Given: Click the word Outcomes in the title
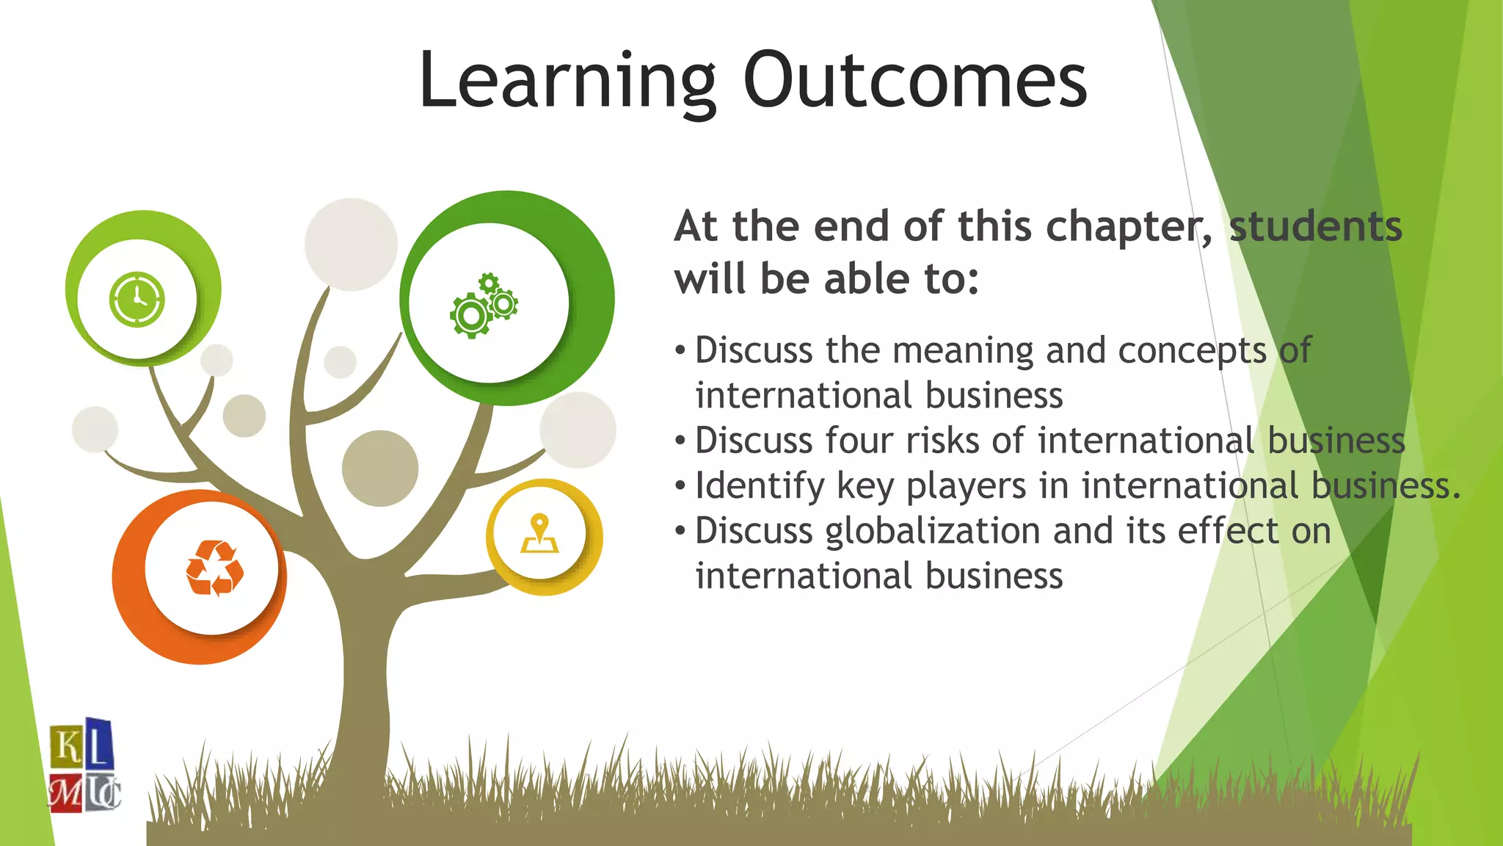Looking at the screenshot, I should (x=914, y=80).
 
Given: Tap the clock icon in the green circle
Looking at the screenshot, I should (x=137, y=299).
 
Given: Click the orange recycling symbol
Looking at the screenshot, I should (x=214, y=568).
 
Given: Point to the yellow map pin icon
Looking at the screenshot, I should (x=540, y=534).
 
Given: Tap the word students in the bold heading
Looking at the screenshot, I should (x=1315, y=226).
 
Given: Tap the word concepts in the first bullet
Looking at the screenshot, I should (x=1192, y=351).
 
